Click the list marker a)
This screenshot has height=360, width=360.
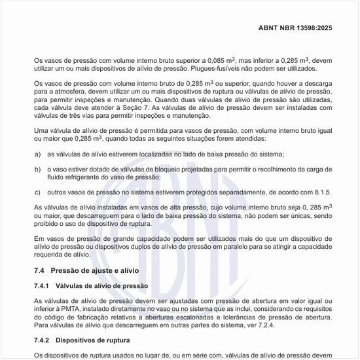(x=37, y=153)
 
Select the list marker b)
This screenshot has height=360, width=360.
(x=37, y=169)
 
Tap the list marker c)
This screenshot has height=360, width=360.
(x=37, y=192)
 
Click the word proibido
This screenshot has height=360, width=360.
(x=47, y=223)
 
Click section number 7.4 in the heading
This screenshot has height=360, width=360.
(x=39, y=271)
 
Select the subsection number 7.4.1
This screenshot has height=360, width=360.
(x=43, y=286)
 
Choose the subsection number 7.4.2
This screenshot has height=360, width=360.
(x=43, y=340)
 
